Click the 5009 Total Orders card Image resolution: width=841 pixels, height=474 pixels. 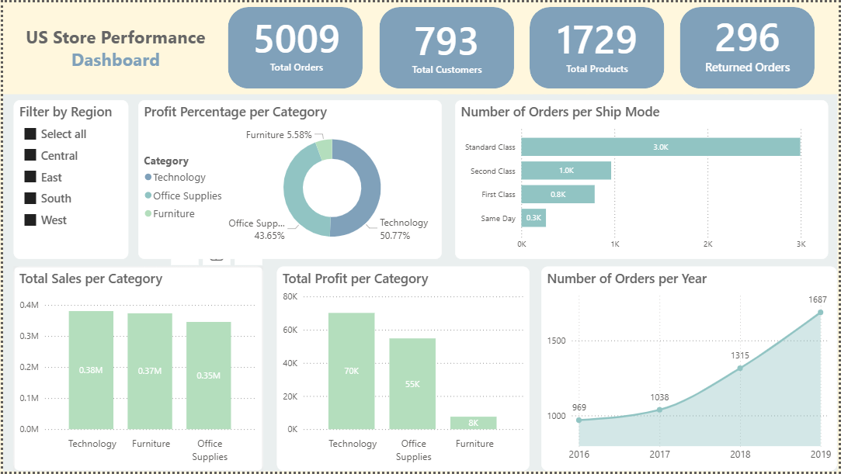(295, 48)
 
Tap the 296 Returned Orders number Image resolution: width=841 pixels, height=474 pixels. (747, 38)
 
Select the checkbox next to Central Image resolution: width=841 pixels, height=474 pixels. (30, 155)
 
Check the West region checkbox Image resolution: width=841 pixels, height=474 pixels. (30, 220)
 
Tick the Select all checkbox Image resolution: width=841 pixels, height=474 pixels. (30, 134)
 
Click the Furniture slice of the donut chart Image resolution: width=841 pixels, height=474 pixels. (325, 149)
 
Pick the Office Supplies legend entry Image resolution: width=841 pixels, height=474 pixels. (187, 195)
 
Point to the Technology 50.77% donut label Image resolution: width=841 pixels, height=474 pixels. (402, 229)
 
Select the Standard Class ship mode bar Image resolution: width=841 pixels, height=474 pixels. (660, 147)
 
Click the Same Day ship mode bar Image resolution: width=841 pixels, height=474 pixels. (533, 218)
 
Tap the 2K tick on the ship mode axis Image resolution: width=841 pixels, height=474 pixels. (707, 244)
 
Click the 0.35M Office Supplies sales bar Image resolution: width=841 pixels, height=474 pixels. (209, 375)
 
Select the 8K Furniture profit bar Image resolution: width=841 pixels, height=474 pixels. (473, 423)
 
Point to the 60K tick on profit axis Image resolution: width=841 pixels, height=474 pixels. (290, 330)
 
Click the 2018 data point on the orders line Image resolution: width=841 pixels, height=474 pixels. (739, 368)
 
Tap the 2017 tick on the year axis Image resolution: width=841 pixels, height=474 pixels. (659, 454)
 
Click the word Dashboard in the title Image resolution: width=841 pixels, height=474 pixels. (115, 60)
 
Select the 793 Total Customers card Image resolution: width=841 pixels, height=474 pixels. (447, 48)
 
